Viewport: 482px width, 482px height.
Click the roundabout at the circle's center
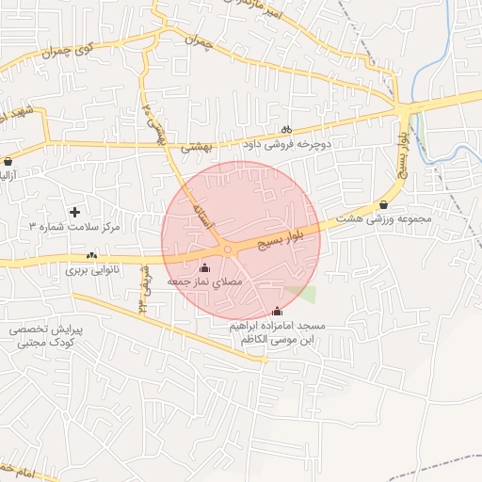pos(228,249)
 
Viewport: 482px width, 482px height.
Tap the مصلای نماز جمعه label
pos(204,281)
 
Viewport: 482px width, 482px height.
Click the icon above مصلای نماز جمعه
pos(205,267)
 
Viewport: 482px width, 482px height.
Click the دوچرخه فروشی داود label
pos(283,145)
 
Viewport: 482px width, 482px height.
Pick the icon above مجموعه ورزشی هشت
pos(383,205)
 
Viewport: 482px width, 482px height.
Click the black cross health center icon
pos(75,212)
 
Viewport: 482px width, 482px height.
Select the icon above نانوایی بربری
pos(91,255)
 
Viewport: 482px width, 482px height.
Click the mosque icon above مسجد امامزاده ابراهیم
pos(277,312)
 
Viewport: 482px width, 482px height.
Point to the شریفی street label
pos(146,292)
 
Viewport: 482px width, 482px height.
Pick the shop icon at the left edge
pos(8,161)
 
